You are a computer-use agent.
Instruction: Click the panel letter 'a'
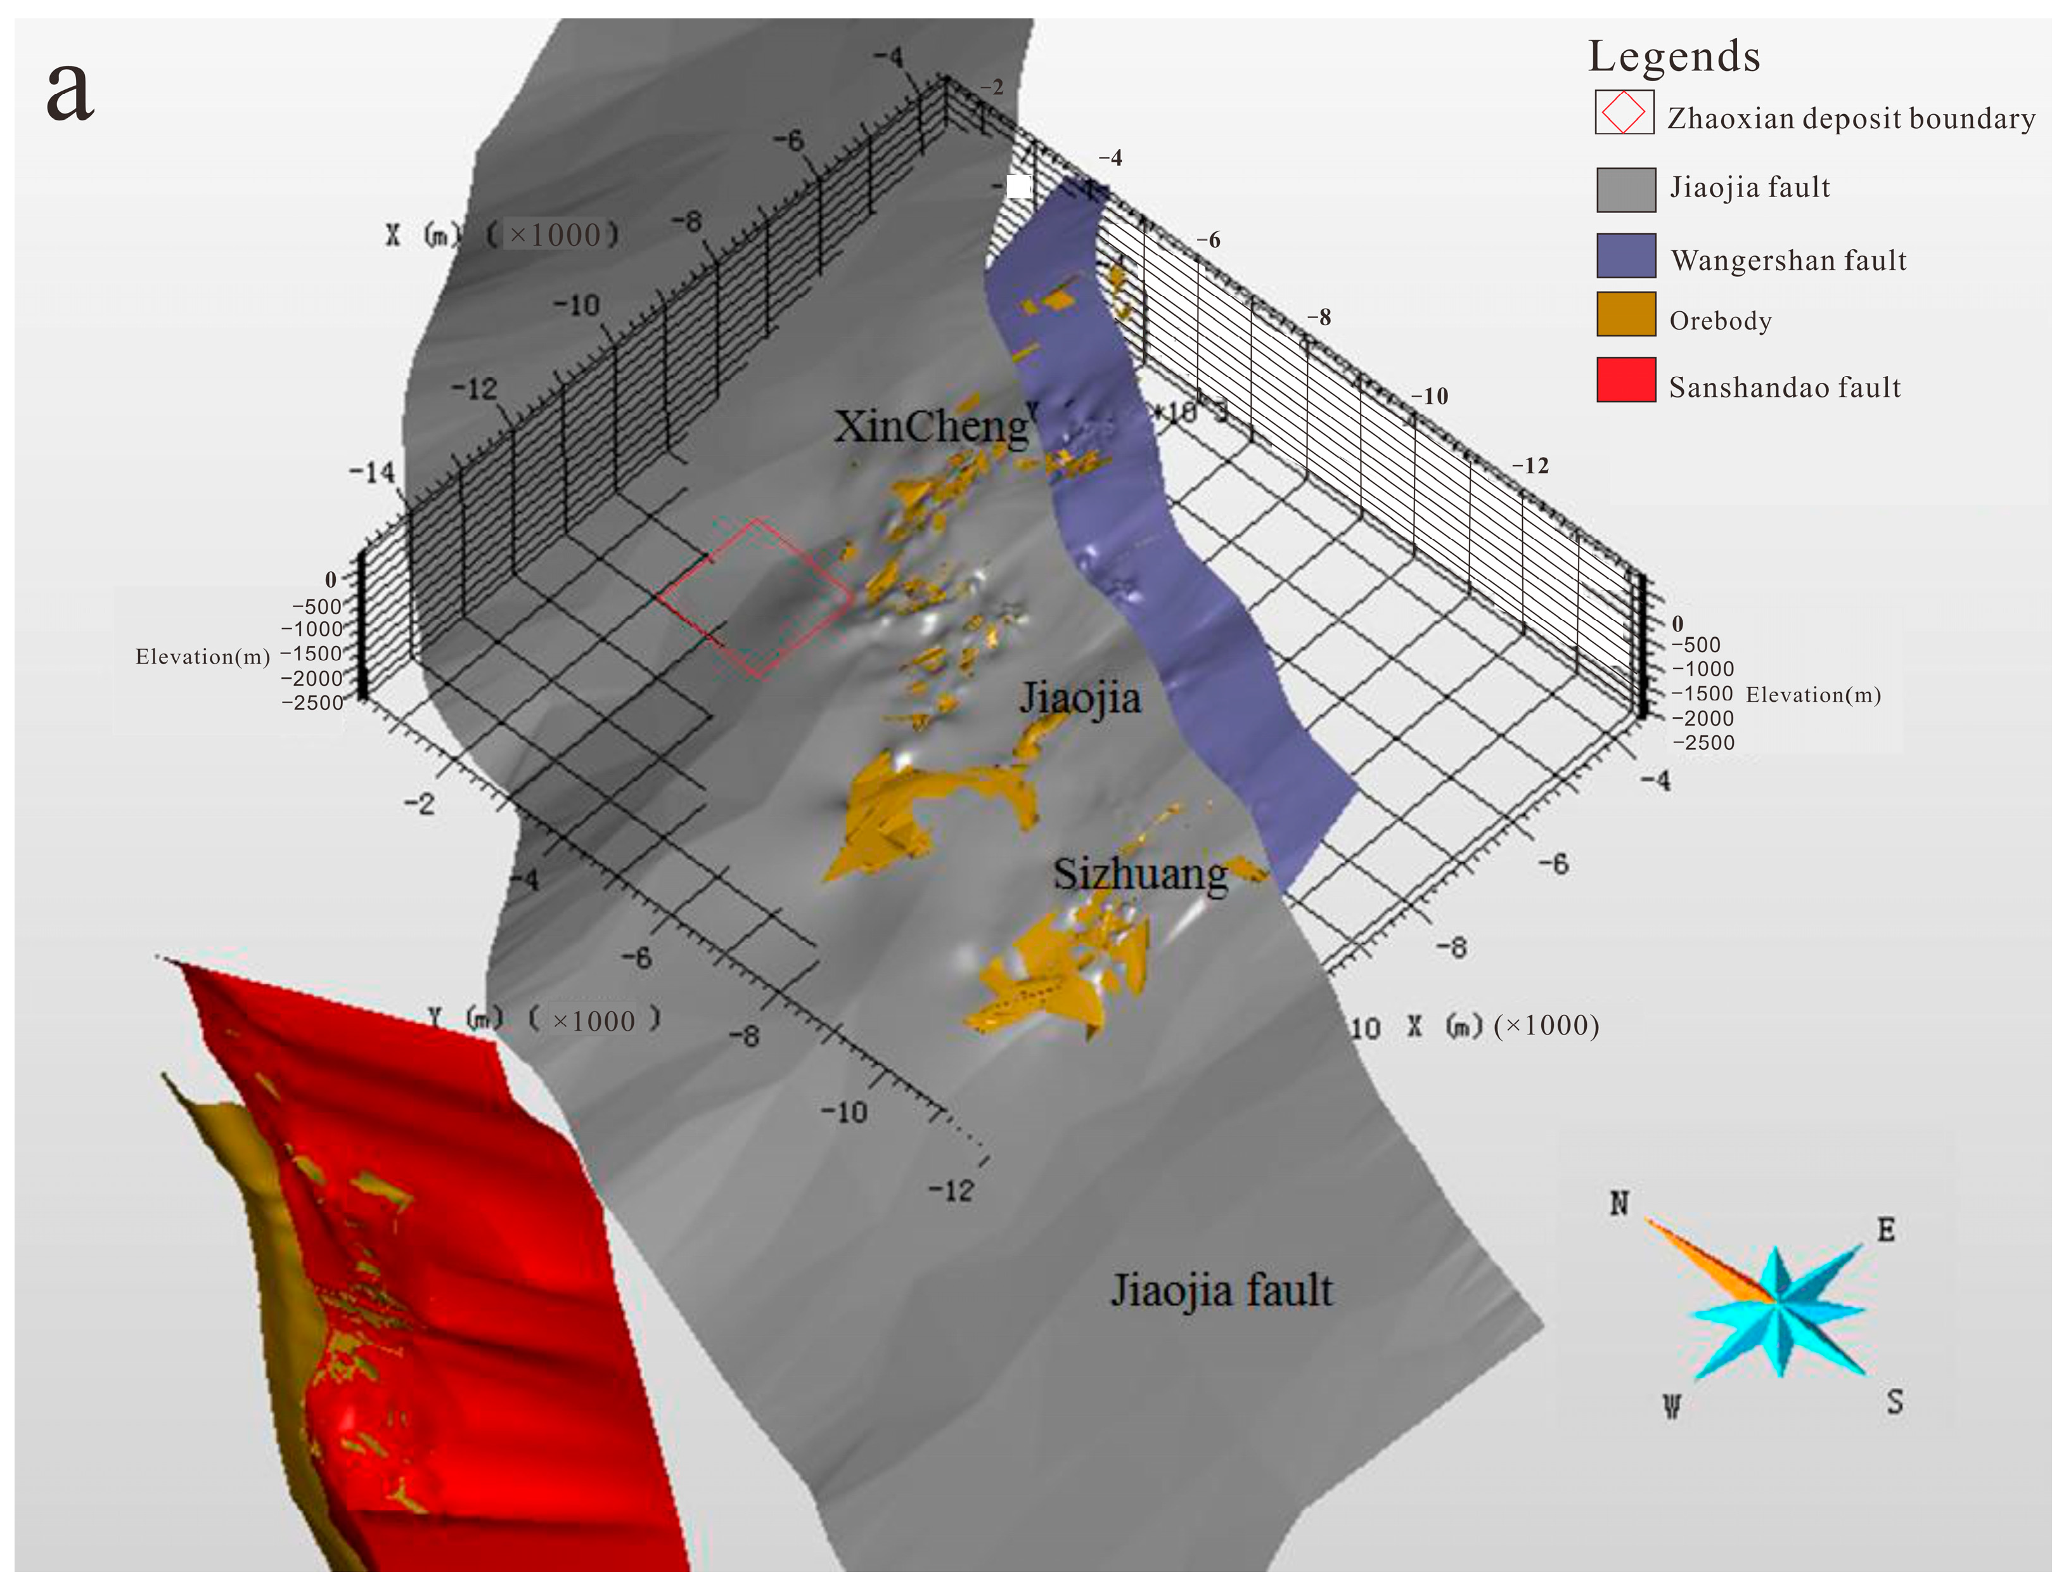[x=70, y=92]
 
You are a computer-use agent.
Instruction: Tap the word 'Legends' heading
[x=1673, y=57]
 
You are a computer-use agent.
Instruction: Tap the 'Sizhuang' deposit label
[x=1139, y=874]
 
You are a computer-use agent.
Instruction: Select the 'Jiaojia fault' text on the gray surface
[x=1221, y=1291]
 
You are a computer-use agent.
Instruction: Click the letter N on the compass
[x=1619, y=1204]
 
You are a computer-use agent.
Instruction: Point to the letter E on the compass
[x=1885, y=1230]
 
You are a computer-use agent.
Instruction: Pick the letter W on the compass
[x=1672, y=1407]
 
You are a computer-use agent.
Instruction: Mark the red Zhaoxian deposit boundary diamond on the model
[x=755, y=596]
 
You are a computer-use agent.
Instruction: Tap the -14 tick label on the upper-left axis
[x=372, y=472]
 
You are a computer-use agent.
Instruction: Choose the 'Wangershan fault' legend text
[x=1788, y=261]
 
